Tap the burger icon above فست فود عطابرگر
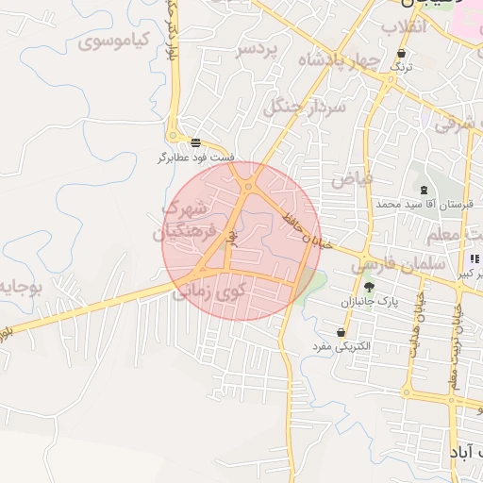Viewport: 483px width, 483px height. click(x=195, y=143)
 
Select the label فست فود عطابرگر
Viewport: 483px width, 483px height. click(x=196, y=158)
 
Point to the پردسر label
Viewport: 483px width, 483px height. click(x=258, y=48)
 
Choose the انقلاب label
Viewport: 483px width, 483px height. click(x=405, y=27)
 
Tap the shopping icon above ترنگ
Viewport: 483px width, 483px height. click(x=403, y=55)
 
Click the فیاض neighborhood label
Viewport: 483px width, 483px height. click(x=352, y=176)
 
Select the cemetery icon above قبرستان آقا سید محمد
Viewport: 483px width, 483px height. click(x=423, y=191)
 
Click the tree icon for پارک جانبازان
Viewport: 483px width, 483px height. click(x=368, y=288)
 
